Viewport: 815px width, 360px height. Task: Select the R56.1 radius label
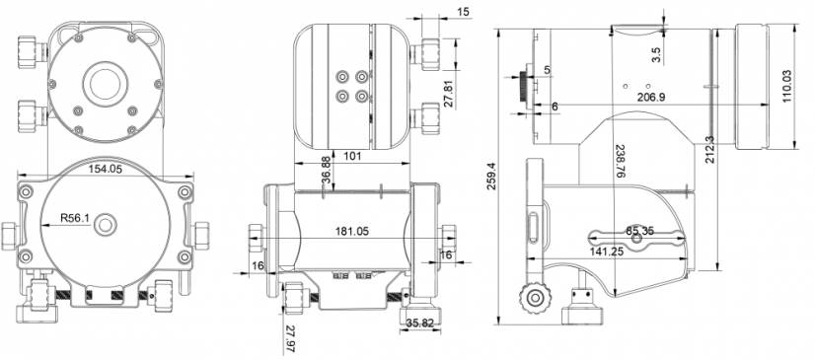[75, 218]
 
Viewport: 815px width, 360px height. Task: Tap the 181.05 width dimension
[352, 231]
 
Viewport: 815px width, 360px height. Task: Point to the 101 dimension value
[353, 156]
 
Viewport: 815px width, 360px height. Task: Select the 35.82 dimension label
[420, 324]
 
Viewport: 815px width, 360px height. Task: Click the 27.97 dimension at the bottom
[290, 339]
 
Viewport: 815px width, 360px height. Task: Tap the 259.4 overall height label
[490, 177]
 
